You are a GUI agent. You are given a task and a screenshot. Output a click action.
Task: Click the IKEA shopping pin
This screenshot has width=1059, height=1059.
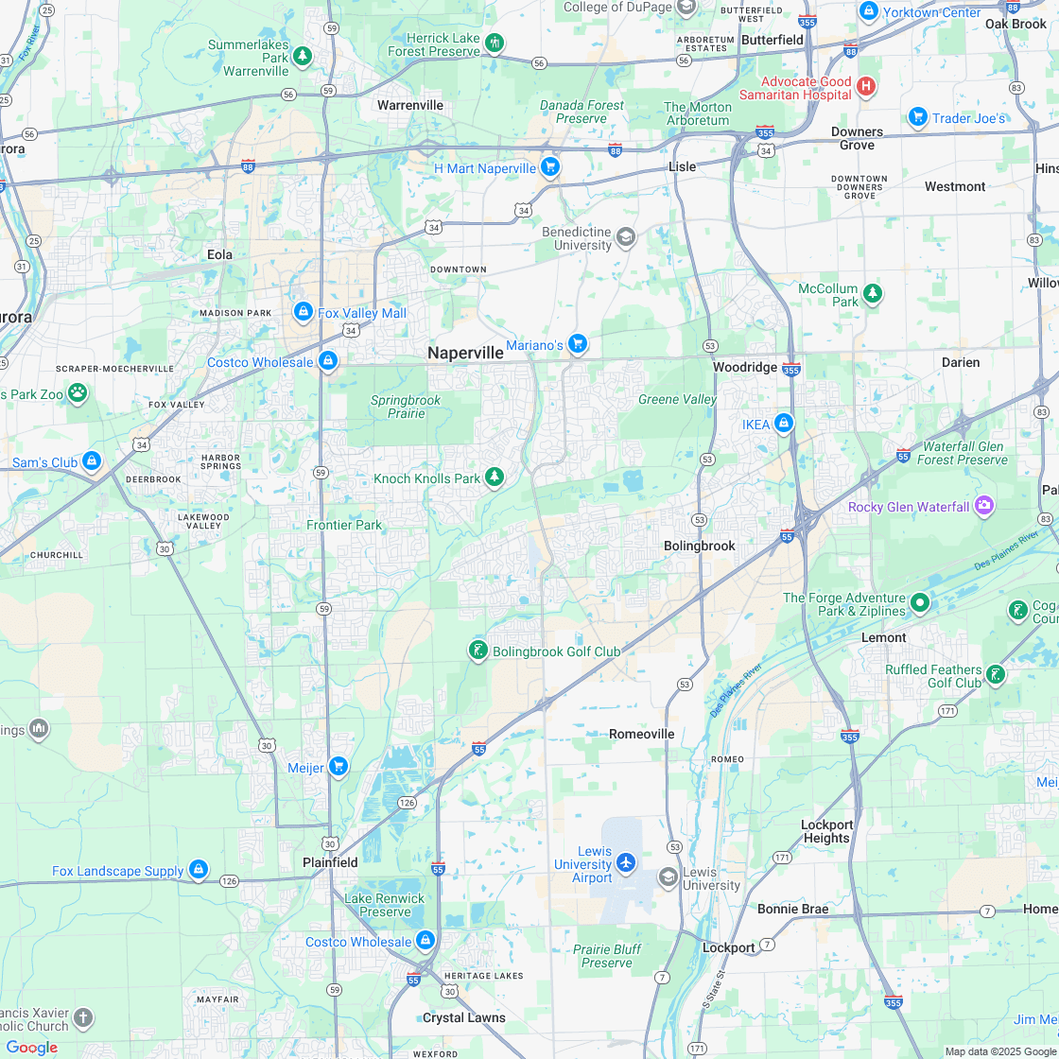[783, 424]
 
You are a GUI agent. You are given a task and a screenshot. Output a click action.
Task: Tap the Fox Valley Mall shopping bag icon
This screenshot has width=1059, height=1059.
[303, 311]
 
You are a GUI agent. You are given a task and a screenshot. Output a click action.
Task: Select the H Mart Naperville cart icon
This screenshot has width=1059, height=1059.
[550, 167]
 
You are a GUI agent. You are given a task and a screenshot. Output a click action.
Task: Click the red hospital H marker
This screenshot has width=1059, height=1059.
[865, 88]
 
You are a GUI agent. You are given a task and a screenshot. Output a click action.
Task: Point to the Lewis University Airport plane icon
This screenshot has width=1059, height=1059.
[625, 862]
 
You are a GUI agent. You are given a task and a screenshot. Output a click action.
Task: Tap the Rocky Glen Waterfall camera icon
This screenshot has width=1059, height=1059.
[984, 506]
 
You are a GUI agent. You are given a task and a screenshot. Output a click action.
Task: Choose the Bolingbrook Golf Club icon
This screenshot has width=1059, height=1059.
[478, 650]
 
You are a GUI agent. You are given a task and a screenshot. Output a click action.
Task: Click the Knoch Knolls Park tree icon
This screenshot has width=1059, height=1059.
[494, 477]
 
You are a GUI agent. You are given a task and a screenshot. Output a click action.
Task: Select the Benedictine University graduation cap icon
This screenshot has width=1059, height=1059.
[625, 236]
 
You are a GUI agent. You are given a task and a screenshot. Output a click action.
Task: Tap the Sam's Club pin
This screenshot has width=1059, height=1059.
[92, 461]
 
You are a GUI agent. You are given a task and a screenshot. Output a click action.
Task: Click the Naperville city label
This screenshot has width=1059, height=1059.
[465, 353]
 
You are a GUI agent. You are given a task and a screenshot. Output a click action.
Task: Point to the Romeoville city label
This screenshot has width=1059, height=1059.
[642, 734]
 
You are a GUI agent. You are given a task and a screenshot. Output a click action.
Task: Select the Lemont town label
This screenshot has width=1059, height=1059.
[883, 637]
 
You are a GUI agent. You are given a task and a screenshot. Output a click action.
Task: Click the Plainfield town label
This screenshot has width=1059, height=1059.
[330, 862]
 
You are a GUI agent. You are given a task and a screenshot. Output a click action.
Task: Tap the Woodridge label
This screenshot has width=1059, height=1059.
[745, 367]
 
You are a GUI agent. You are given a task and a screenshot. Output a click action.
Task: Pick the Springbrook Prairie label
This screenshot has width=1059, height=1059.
[406, 407]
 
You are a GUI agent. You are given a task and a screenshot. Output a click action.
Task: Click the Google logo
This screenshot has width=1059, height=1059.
[31, 1048]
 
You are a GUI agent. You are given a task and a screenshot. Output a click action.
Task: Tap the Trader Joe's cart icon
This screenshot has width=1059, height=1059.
[917, 117]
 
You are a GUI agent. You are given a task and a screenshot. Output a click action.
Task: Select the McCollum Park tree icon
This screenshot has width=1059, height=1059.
[872, 294]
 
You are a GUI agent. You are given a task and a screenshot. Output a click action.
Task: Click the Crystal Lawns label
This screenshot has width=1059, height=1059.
[463, 1017]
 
